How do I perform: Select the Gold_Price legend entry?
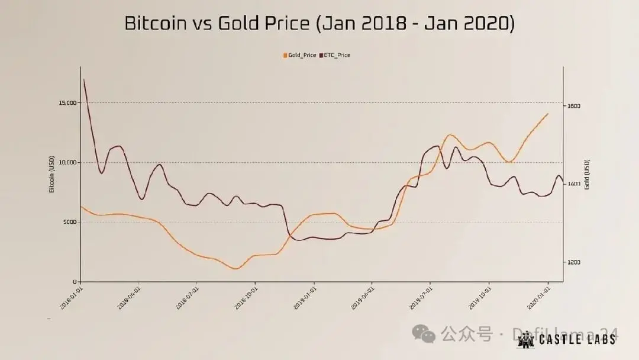pyautogui.click(x=300, y=55)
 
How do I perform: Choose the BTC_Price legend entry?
pyautogui.click(x=335, y=55)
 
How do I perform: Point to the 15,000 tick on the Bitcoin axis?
pyautogui.click(x=69, y=102)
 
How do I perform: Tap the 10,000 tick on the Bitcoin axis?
pyautogui.click(x=69, y=162)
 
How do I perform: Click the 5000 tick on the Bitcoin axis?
pyautogui.click(x=70, y=222)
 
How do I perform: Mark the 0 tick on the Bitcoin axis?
pyautogui.click(x=75, y=282)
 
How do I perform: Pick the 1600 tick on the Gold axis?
pyautogui.click(x=574, y=106)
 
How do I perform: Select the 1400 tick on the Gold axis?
pyautogui.click(x=574, y=184)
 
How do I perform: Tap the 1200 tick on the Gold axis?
pyautogui.click(x=574, y=262)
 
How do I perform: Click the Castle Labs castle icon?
pyautogui.click(x=525, y=339)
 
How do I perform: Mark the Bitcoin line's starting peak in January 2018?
pyautogui.click(x=84, y=79)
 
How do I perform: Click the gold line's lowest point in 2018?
pyautogui.click(x=235, y=269)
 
